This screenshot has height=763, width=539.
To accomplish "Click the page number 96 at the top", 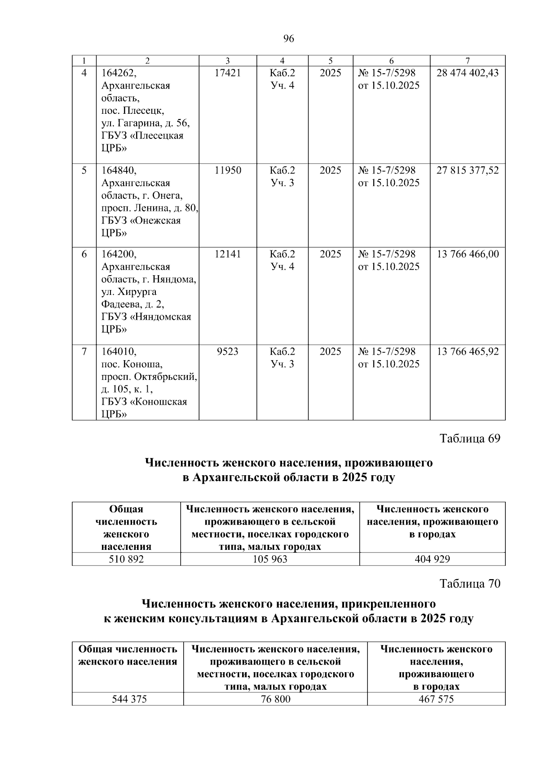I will click(289, 39).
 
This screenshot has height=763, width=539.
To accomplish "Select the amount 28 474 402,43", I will click(468, 73).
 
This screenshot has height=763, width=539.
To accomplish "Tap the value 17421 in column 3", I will click(228, 73).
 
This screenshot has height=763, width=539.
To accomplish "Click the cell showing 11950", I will click(228, 170).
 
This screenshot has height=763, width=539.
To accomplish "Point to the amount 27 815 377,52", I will click(468, 170).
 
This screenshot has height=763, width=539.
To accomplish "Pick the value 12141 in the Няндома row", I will click(228, 254).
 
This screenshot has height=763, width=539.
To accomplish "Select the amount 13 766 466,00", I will click(468, 254).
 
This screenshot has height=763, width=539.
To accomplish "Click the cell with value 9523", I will click(228, 352).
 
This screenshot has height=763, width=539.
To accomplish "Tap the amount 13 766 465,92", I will click(468, 352).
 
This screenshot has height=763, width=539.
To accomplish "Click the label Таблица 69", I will click(470, 439).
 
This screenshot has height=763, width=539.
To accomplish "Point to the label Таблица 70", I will click(470, 584).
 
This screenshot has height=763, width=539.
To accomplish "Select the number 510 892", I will click(126, 559).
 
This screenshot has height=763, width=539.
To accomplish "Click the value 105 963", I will click(270, 559).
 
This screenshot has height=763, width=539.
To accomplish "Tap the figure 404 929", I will click(433, 559).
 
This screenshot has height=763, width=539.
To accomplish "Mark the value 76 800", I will click(275, 699).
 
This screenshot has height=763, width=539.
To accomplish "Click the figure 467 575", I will click(436, 699).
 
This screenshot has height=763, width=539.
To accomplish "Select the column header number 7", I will click(468, 61).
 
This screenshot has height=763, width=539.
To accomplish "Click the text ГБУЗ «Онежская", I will click(141, 221).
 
